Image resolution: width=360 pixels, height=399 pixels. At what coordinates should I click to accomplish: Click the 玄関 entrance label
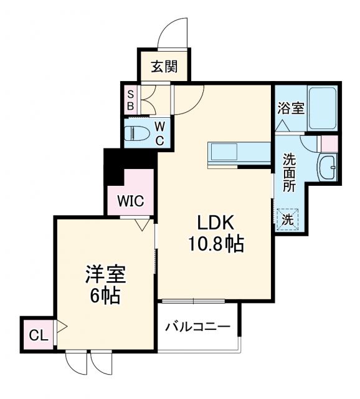tap(164, 67)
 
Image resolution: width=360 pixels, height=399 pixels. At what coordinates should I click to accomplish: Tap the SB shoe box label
tap(130, 100)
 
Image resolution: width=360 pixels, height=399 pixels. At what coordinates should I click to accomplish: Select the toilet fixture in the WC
tap(138, 133)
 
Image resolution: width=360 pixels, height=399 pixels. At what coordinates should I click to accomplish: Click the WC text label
tap(159, 132)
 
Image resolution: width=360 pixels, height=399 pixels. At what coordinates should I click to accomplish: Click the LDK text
tap(216, 223)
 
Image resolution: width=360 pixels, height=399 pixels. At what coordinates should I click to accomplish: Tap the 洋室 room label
tap(104, 275)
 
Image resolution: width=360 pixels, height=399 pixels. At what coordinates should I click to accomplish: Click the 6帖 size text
tap(104, 296)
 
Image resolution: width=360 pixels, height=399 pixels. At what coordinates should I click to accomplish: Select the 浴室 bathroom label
tap(291, 108)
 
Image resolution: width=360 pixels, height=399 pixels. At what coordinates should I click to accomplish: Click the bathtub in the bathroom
tap(322, 108)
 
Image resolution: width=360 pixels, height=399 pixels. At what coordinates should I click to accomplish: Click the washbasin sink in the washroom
tap(326, 167)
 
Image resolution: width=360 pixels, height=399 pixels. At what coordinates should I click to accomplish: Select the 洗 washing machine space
tap(288, 219)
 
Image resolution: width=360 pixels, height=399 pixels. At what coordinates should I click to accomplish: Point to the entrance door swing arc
tap(171, 31)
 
